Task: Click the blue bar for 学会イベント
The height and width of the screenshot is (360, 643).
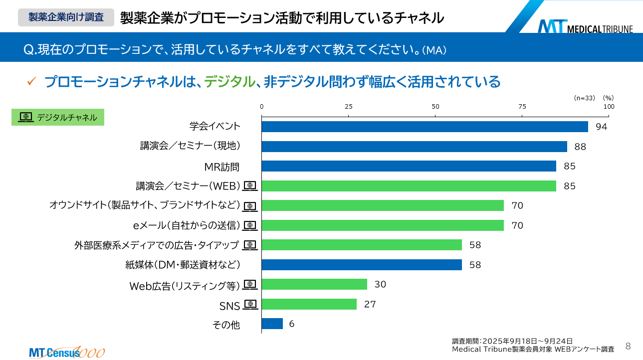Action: (425, 127)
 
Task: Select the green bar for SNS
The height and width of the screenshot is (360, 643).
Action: (309, 304)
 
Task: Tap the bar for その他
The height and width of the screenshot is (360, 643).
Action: (272, 324)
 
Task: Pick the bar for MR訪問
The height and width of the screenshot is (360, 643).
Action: (409, 166)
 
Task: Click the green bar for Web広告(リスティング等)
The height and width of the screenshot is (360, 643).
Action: (314, 284)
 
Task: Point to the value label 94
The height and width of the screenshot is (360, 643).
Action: (601, 127)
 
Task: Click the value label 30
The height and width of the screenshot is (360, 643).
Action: (380, 284)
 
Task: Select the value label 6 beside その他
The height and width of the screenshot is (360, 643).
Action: (292, 324)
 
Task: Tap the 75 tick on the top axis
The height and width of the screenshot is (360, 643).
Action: (522, 106)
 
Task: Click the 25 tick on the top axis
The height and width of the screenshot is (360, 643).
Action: (349, 106)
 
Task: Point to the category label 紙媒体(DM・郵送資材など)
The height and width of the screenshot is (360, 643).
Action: (183, 265)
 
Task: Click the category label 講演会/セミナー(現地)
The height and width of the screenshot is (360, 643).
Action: (191, 146)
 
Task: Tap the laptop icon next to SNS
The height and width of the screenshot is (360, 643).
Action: (250, 304)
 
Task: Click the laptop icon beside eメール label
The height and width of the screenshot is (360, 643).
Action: (250, 225)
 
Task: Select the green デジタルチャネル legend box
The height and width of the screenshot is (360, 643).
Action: (58, 117)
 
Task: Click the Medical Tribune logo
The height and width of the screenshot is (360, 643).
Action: (585, 26)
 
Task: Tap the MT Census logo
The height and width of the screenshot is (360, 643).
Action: (66, 352)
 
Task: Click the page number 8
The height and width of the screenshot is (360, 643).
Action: (628, 346)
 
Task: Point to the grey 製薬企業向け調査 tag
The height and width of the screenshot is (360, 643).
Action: (66, 17)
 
